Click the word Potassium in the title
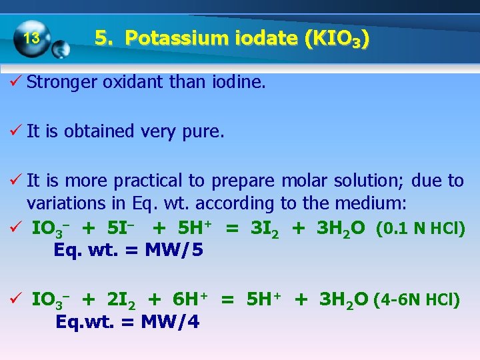coord(166,38)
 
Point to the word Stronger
coord(61,83)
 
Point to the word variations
coord(59,203)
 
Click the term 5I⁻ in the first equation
coord(119,228)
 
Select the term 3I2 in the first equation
coord(265,228)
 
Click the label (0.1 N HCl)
coord(420,228)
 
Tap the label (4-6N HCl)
coord(417,300)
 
